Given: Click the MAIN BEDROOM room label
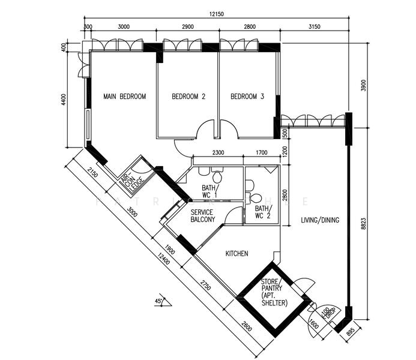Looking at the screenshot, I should tap(124, 97).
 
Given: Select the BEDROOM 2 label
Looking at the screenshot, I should tap(188, 97).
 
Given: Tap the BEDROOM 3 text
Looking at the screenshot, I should tap(247, 97).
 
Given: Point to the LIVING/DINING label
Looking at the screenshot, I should tap(320, 220).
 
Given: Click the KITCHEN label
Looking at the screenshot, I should tap(237, 254).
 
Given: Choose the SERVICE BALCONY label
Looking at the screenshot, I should tap(203, 217).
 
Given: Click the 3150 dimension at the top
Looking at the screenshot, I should tap(313, 27).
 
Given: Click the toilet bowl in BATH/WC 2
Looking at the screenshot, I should tap(255, 197).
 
